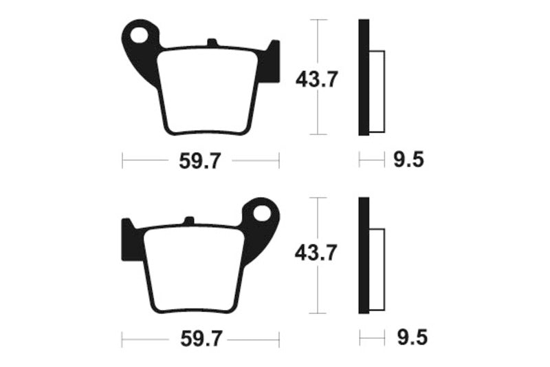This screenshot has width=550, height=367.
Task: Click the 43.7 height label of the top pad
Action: click(x=316, y=80)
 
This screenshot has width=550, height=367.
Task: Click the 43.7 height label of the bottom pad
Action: click(x=316, y=253)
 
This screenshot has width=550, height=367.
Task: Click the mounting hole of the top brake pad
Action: click(x=142, y=34)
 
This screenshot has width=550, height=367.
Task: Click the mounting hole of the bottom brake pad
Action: click(x=261, y=213)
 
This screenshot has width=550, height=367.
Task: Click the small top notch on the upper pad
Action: click(x=212, y=43)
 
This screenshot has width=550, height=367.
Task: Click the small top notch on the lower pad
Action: click(x=187, y=221)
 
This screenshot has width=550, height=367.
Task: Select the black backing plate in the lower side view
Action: click(x=364, y=255)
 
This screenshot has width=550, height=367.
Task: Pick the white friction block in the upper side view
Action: click(x=377, y=91)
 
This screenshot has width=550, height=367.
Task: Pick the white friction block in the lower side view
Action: click(x=377, y=269)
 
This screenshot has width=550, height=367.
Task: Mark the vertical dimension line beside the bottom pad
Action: click(x=316, y=289)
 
